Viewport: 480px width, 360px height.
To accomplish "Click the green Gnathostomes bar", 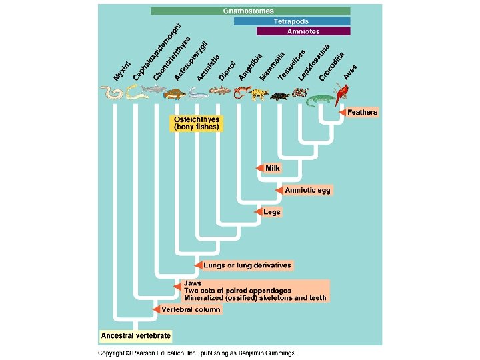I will (x=250, y=11).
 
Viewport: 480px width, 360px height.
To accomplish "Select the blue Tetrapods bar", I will (x=291, y=21).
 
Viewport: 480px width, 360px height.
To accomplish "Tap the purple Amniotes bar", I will (x=303, y=31).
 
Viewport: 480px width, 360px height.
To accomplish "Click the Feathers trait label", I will (x=363, y=112).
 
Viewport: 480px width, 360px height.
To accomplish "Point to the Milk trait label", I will (x=273, y=168).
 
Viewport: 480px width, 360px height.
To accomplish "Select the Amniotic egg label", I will (x=307, y=190).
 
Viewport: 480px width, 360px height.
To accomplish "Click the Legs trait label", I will (x=272, y=212).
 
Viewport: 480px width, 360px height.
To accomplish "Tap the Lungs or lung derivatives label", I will (x=247, y=265).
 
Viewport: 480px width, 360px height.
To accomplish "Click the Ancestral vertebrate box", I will (x=136, y=335).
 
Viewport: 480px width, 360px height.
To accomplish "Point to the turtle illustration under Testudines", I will (x=281, y=97).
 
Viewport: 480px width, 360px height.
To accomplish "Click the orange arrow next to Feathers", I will (x=341, y=112).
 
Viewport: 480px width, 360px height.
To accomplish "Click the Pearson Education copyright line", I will (x=197, y=353).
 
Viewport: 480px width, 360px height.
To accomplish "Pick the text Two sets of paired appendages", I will (x=237, y=290).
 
